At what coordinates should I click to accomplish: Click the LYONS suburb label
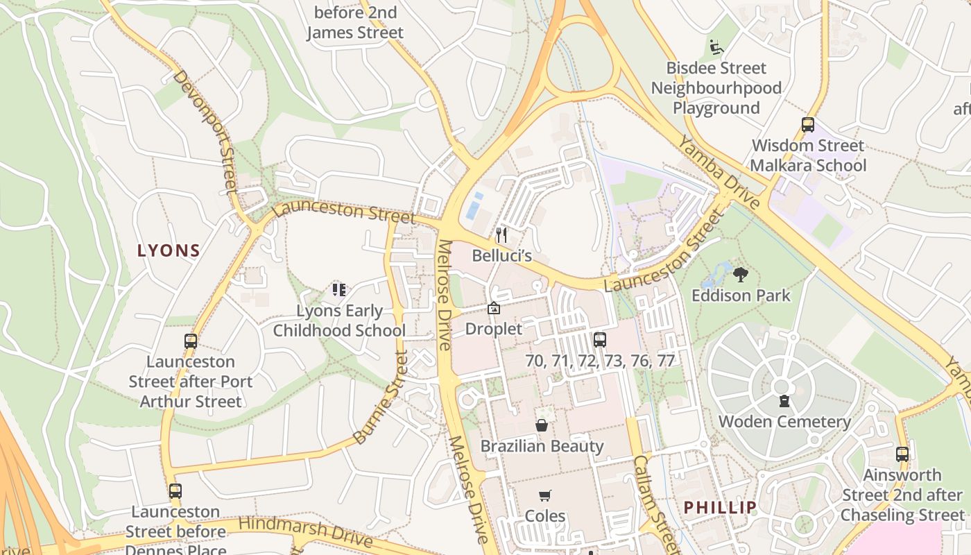click(169, 250)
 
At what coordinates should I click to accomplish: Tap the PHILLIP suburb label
click(720, 507)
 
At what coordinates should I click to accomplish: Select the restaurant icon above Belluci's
click(501, 235)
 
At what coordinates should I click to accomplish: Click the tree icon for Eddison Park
click(740, 275)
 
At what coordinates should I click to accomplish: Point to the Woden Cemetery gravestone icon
click(784, 401)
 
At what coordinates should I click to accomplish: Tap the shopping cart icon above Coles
click(544, 495)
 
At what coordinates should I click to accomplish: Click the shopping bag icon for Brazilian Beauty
click(542, 425)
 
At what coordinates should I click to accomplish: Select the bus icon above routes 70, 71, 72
click(600, 340)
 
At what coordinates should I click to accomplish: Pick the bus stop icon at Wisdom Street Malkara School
click(808, 125)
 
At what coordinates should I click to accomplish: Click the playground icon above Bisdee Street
click(716, 48)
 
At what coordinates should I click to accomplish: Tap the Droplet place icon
click(494, 309)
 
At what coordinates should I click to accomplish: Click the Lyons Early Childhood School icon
click(338, 290)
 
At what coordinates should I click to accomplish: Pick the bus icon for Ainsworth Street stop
click(902, 454)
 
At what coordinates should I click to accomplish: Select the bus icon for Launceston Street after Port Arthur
click(191, 341)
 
